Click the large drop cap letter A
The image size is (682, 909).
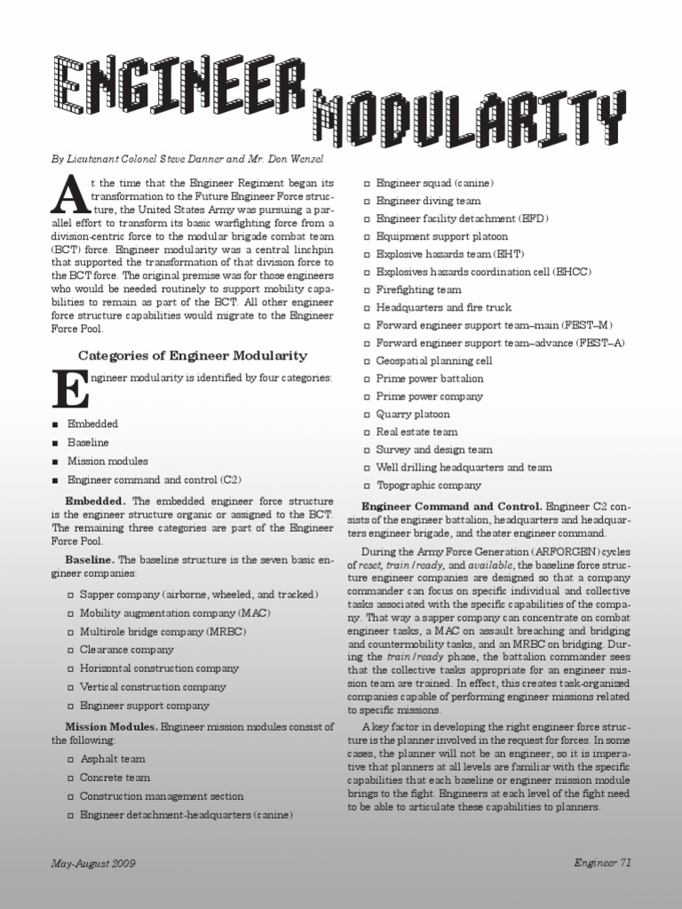pos(66,195)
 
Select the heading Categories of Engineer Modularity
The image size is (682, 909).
pos(193,355)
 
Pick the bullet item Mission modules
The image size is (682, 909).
pos(107,461)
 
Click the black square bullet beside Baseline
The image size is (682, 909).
pos(56,442)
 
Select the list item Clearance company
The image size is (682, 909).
pos(127,649)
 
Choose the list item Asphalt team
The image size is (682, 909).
pos(113,759)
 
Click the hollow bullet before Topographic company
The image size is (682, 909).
pos(367,486)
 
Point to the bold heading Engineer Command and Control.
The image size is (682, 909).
pos(458,505)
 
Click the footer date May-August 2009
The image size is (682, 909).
pos(93,863)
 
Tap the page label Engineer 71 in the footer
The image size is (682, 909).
pos(602,862)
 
